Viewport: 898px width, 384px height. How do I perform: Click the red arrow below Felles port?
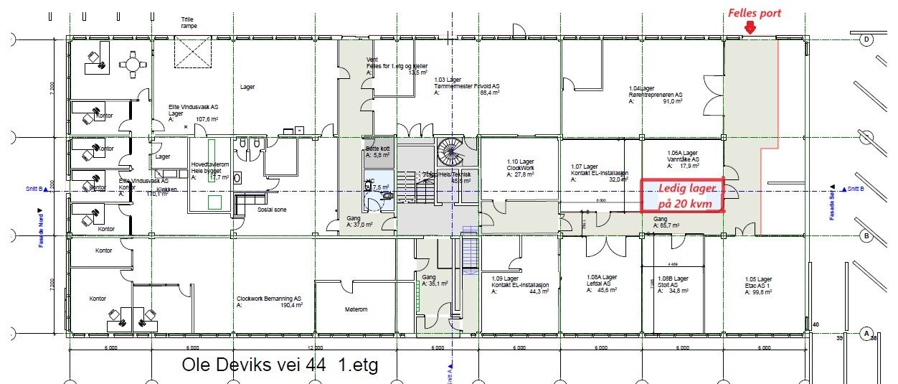pos(750,27)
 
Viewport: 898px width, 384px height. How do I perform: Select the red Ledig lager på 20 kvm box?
pos(681,195)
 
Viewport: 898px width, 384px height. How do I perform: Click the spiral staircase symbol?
pos(450,152)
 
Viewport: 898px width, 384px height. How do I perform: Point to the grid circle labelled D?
pos(866,39)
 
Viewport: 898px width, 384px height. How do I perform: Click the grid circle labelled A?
pos(866,334)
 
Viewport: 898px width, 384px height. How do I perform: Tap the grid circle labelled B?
pos(866,235)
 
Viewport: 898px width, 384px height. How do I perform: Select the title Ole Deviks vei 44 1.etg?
pos(280,365)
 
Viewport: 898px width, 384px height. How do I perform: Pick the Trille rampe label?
pos(189,22)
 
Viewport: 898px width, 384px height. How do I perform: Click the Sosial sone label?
pos(271,212)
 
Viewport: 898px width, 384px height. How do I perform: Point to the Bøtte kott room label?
pos(377,151)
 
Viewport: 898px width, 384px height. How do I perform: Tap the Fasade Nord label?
pos(41,228)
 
